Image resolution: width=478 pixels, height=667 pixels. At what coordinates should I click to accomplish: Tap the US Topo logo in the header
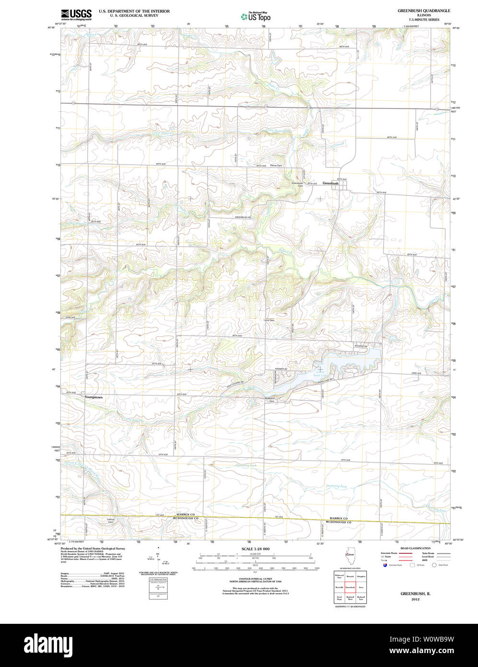(x=256, y=17)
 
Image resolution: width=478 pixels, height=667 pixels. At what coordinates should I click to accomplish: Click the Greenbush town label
(x=330, y=183)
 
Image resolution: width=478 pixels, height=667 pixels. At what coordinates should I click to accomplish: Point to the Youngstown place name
(x=93, y=397)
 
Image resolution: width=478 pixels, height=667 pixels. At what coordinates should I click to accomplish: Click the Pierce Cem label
(x=276, y=166)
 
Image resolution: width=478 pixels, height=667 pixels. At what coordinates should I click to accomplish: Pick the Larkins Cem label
(x=110, y=521)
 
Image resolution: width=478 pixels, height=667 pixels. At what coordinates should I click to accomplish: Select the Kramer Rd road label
(x=280, y=369)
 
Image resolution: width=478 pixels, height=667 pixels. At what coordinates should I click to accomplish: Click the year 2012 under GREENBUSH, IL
(x=415, y=599)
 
